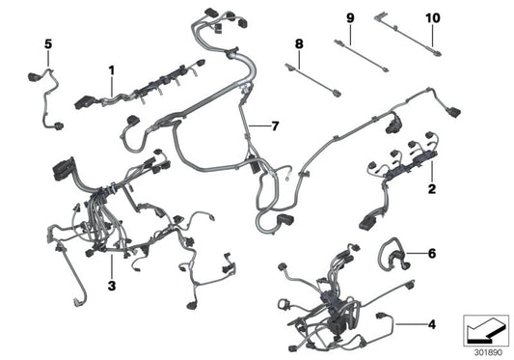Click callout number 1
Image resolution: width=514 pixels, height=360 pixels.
tap(111, 69)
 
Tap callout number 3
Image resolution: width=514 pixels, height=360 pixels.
tap(111, 258)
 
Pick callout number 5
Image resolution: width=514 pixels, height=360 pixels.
tap(47, 43)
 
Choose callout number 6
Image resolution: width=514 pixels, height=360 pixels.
tap(431, 253)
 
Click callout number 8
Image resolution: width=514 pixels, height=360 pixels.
tap(299, 44)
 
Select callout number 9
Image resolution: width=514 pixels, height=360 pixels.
tap(350, 18)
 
